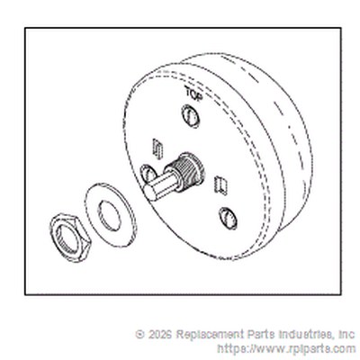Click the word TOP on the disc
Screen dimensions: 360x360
click(x=194, y=94)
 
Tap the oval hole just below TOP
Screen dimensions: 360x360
click(x=191, y=116)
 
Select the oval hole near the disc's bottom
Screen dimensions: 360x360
click(x=228, y=218)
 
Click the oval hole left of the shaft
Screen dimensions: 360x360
click(x=148, y=175)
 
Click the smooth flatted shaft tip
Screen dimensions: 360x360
click(x=160, y=188)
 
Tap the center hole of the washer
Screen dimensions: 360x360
click(x=110, y=215)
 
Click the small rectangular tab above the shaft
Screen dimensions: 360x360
click(x=157, y=148)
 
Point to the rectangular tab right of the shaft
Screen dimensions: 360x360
click(x=220, y=186)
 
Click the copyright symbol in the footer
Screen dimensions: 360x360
click(x=139, y=334)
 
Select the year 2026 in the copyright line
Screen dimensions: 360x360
click(x=159, y=334)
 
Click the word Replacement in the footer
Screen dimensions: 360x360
click(x=210, y=334)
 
